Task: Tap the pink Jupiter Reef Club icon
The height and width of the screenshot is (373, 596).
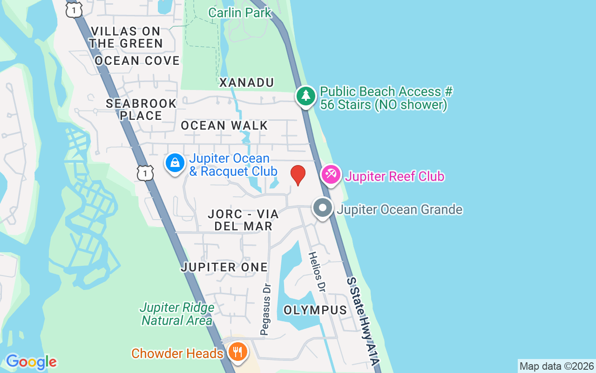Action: pyautogui.click(x=331, y=175)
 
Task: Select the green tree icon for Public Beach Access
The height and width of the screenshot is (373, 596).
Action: pyautogui.click(x=306, y=96)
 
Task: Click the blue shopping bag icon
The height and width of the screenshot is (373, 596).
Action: pyautogui.click(x=175, y=163)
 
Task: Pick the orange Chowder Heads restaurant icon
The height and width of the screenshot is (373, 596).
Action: pyautogui.click(x=238, y=351)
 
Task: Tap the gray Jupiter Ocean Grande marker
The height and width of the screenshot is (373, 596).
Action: pyautogui.click(x=322, y=208)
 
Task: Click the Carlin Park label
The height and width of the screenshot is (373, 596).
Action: pyautogui.click(x=239, y=13)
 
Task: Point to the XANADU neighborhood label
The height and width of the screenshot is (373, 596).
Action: pyautogui.click(x=246, y=83)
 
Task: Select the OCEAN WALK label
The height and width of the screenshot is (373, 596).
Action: pyautogui.click(x=224, y=125)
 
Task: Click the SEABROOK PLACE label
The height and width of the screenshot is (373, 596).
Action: pyautogui.click(x=141, y=110)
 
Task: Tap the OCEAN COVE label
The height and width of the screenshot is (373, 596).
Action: pyautogui.click(x=137, y=61)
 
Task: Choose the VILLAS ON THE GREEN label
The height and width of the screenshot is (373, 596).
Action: pyautogui.click(x=126, y=37)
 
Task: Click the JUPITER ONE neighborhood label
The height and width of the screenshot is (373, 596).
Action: pyautogui.click(x=224, y=267)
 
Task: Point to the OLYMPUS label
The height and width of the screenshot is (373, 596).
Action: pyautogui.click(x=315, y=310)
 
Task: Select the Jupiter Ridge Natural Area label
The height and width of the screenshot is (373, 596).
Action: pyautogui.click(x=177, y=314)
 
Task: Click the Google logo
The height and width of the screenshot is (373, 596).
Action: pyautogui.click(x=31, y=362)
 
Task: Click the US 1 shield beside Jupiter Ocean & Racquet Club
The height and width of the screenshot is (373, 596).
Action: pyautogui.click(x=145, y=173)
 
